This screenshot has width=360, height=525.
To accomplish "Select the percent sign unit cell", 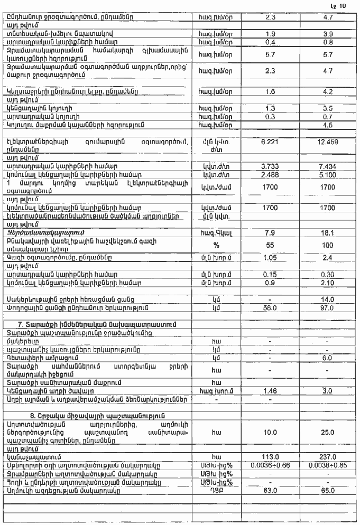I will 215,246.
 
